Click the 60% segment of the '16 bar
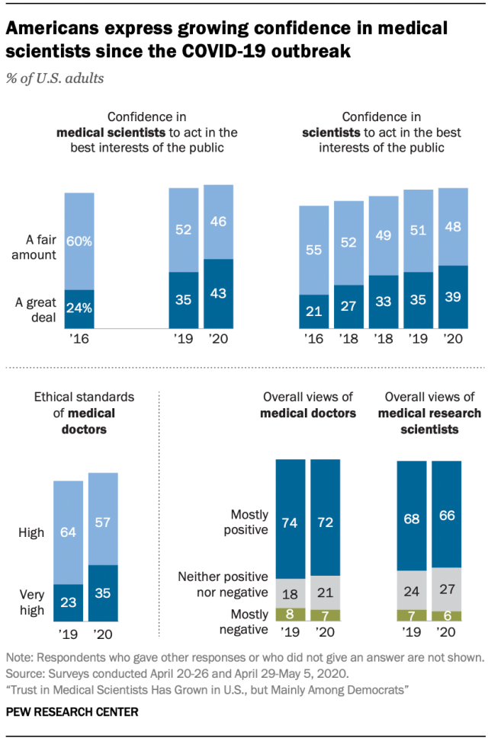point(79,241)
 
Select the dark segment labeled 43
point(218,293)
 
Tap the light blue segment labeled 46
point(218,222)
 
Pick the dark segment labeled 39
point(453,297)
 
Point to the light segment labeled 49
point(384,235)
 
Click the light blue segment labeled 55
point(313,250)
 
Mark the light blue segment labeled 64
point(67,532)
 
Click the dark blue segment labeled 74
point(291,519)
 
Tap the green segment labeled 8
point(291,615)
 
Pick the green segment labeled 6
point(447,615)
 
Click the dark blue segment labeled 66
point(447,514)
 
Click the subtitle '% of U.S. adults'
point(56,78)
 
